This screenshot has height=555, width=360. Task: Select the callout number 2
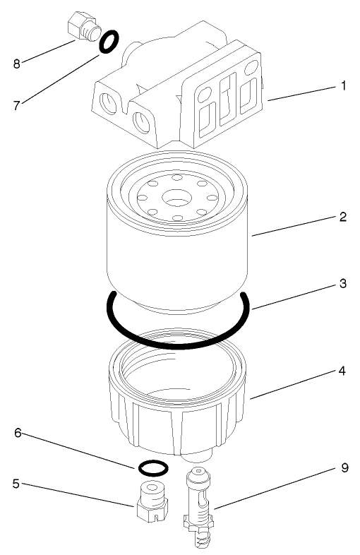(x=342, y=217)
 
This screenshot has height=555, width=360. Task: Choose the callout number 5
(x=15, y=485)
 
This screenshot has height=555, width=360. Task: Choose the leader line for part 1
(x=300, y=94)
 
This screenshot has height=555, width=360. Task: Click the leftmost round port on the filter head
(x=108, y=103)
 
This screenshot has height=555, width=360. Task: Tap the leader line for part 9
(x=275, y=487)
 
